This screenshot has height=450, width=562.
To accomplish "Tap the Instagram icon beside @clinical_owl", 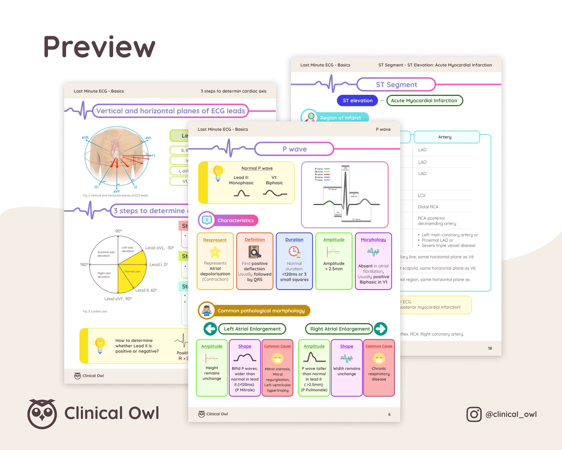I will tap(474, 414).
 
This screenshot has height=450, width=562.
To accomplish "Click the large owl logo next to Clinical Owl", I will tap(42, 414).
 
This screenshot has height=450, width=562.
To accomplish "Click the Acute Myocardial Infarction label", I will tap(424, 100).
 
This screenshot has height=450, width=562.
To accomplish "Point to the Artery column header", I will tap(445, 137).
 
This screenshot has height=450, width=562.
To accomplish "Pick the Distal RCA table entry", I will tap(428, 207).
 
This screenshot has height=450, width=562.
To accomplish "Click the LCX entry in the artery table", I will tap(422, 195).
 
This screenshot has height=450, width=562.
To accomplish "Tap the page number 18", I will tap(490, 348).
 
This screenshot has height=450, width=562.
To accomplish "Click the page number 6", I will tap(389, 415).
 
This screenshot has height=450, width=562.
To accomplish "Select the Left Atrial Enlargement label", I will tap(252, 329).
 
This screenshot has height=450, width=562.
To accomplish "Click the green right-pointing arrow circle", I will tap(381, 329).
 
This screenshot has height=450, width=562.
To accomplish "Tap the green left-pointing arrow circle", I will tap(210, 329).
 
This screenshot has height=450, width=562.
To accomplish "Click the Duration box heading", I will tap(294, 240).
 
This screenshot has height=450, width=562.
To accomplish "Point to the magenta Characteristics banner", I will tap(235, 220).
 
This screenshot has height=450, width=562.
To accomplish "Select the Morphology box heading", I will tap(373, 240).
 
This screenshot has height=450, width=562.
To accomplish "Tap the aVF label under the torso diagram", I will tap(116, 191).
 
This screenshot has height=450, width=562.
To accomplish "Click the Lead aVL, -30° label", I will tap(159, 248).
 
